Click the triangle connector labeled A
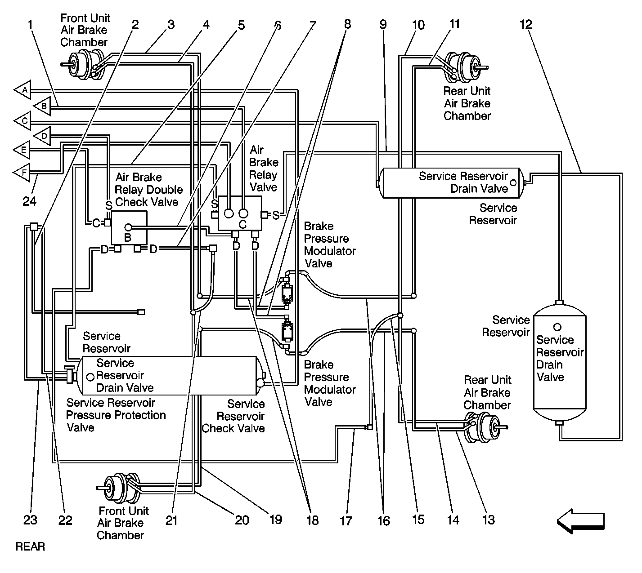tap(23, 90)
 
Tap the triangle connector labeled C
tap(23, 121)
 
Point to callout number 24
tap(30, 202)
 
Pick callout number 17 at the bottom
tap(346, 520)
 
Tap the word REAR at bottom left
tap(30, 547)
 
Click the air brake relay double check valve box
tap(129, 227)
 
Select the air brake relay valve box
tap(239, 213)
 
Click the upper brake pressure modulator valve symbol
tap(287, 293)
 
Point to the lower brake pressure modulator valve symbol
tap(287, 333)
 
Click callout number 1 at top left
tap(30, 25)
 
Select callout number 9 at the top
tap(383, 25)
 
